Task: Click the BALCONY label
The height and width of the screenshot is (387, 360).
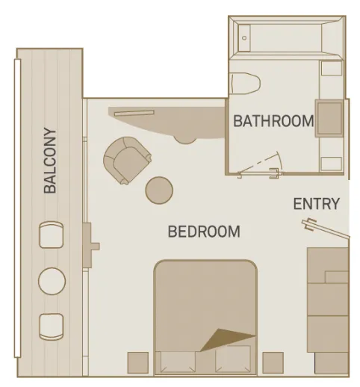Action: (x=50, y=161)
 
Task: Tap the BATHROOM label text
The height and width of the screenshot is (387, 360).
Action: (x=273, y=121)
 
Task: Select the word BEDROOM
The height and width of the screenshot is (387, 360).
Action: (x=204, y=232)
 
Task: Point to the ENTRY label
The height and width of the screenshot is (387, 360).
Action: (x=316, y=204)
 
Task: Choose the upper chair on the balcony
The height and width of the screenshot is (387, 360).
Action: (x=51, y=235)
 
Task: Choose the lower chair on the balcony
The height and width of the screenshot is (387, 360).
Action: (x=51, y=326)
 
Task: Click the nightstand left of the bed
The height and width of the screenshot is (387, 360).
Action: (x=138, y=362)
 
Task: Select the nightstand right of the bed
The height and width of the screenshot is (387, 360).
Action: (x=273, y=362)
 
